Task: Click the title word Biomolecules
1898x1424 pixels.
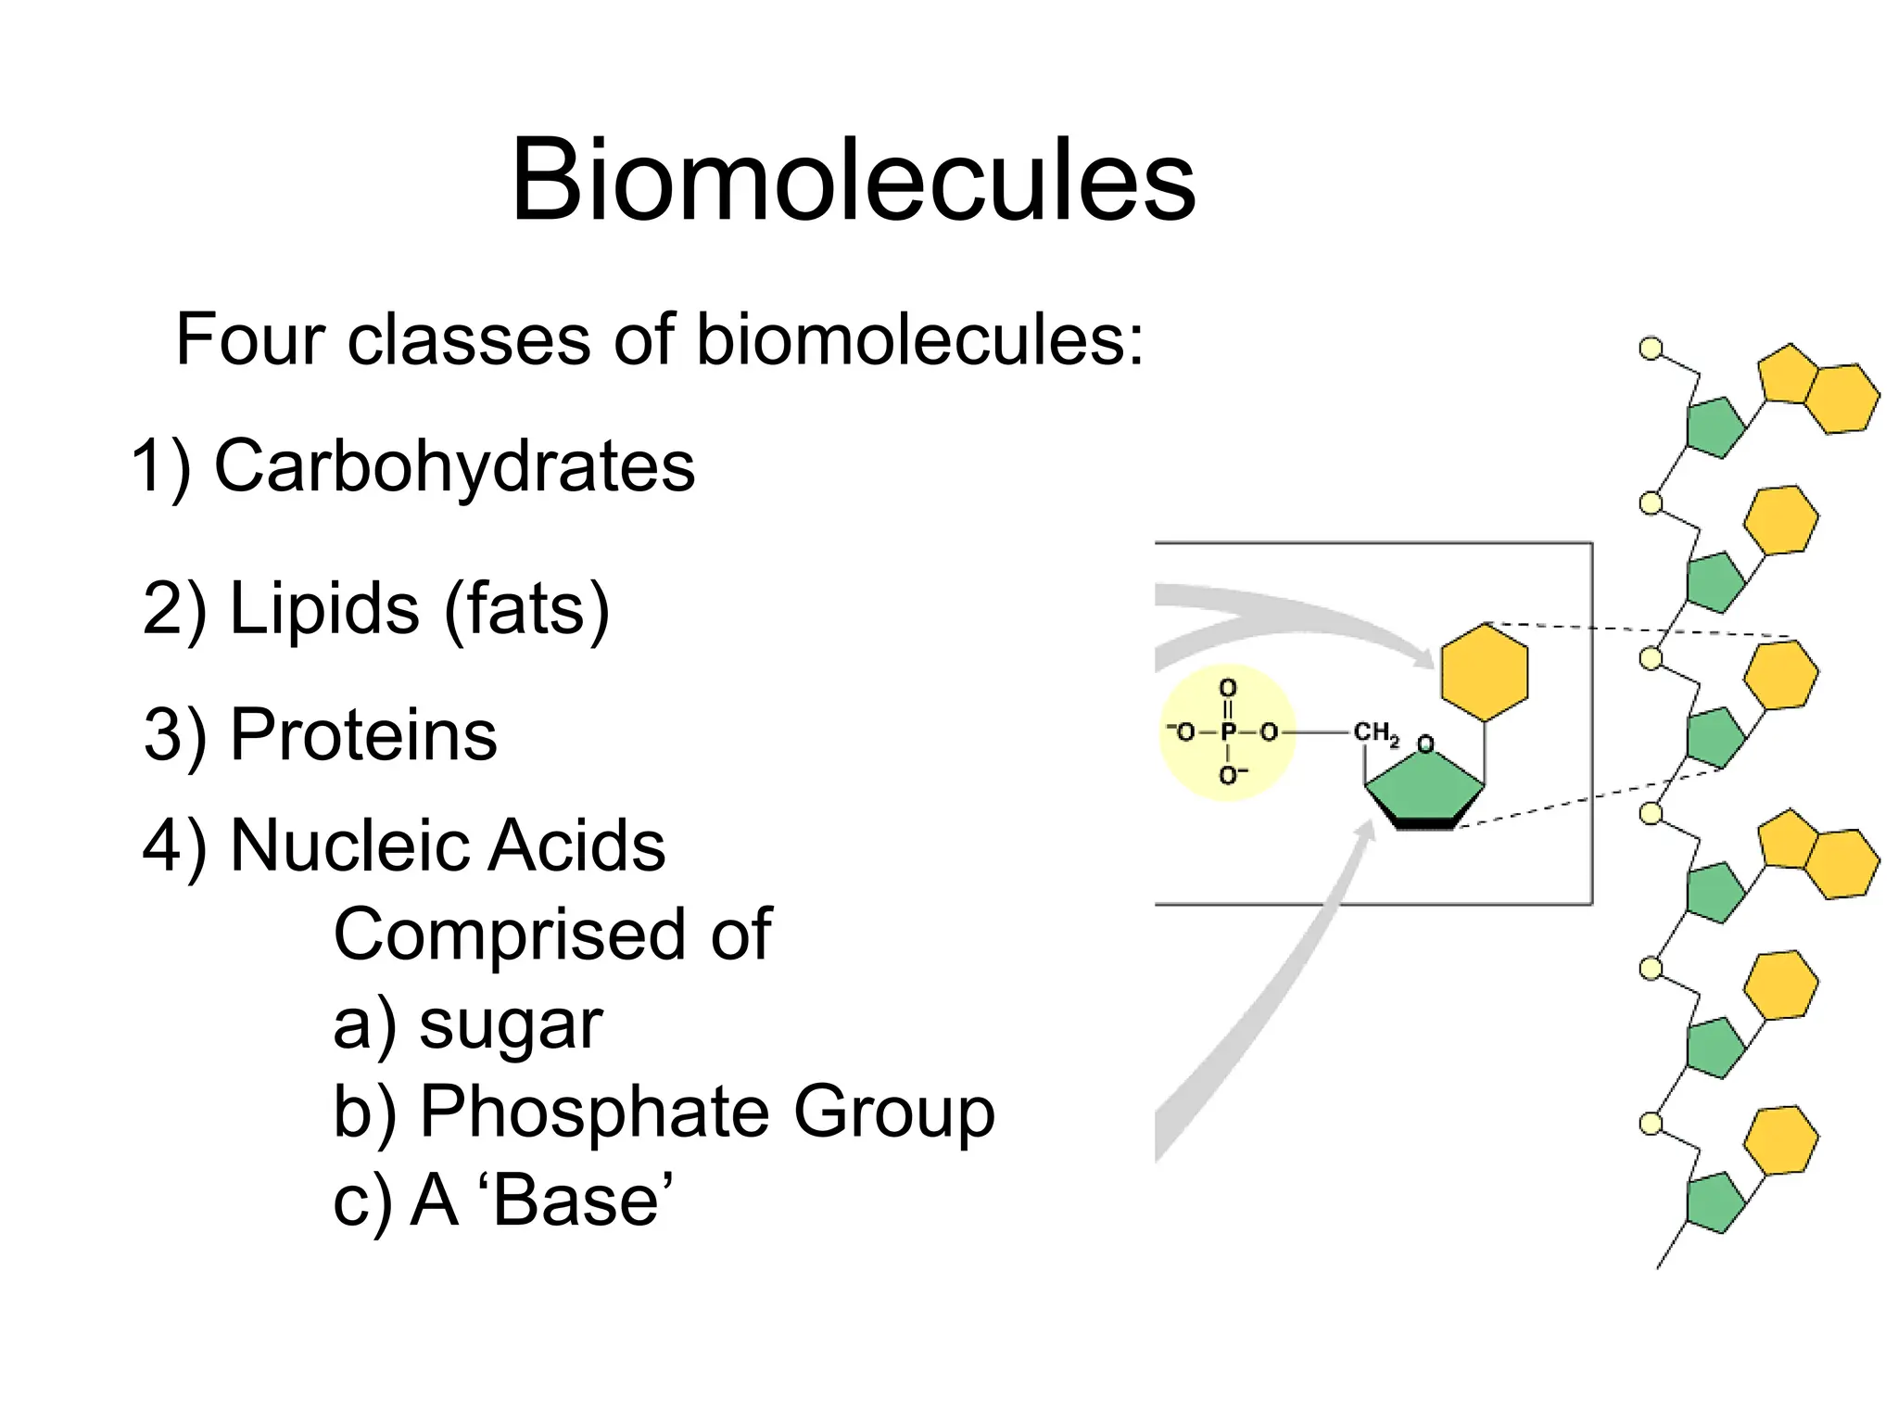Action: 853,181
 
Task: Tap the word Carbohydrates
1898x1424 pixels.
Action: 454,466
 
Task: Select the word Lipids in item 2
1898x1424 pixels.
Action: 323,609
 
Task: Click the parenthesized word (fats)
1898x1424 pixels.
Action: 526,609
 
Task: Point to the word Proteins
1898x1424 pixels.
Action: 363,735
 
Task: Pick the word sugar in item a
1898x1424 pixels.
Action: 511,1026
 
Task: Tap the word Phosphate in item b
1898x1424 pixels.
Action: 594,1112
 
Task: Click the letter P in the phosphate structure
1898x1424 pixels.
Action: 1228,732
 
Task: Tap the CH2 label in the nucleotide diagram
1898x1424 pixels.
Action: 1375,733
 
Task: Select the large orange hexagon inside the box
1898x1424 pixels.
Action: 1484,672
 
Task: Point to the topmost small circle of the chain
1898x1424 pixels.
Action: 1651,350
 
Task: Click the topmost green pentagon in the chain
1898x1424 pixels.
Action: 1714,427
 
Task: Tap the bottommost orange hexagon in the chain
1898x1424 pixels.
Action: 1780,1140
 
